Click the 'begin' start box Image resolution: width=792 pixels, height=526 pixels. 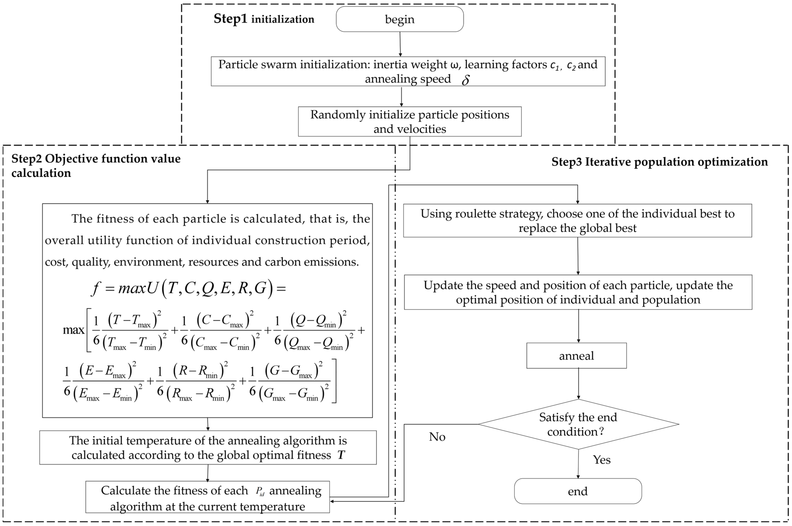click(400, 19)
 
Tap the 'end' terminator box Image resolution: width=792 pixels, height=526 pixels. click(578, 491)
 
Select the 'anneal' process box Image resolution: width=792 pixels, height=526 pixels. click(576, 356)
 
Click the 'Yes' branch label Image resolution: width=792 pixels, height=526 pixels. click(601, 459)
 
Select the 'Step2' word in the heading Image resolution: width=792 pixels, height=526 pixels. click(26, 159)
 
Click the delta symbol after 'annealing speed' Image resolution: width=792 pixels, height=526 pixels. click(465, 80)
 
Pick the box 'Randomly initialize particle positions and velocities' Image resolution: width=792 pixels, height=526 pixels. click(409, 121)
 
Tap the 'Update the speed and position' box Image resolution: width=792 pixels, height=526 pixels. click(578, 292)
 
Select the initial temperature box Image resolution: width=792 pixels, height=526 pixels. click(208, 448)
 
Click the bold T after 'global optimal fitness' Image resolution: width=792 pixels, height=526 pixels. click(341, 455)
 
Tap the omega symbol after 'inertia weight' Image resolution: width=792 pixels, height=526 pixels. click(454, 64)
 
